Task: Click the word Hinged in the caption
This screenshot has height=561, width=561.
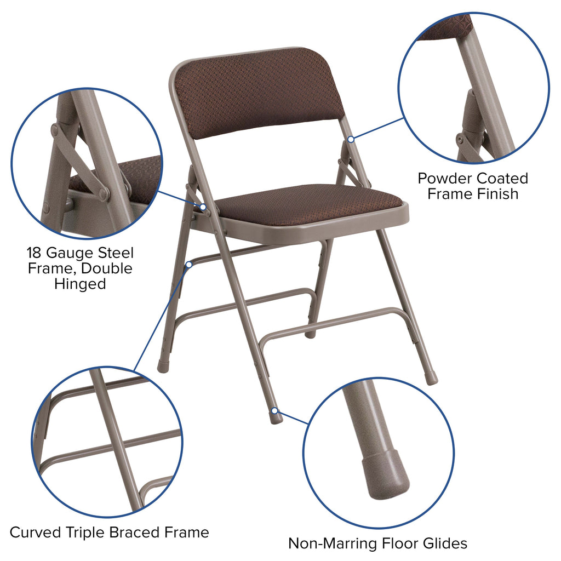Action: pos(80,284)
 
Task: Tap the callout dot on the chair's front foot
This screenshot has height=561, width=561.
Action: pos(274,410)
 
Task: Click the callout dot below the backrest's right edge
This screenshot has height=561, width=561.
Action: pos(350,139)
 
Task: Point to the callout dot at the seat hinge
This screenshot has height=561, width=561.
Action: pos(203,207)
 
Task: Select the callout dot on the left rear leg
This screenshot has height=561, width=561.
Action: pos(188,264)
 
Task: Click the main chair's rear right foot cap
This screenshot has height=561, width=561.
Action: pos(431,378)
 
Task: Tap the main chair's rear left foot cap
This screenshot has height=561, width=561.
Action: pos(163,366)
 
